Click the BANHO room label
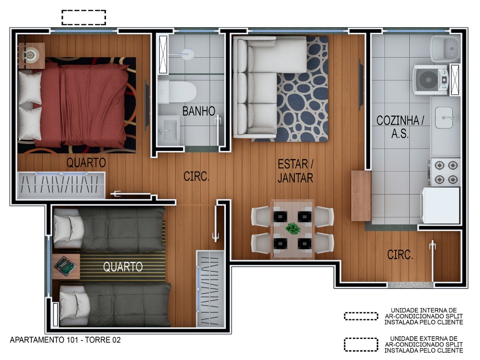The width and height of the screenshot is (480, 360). pos(199,111)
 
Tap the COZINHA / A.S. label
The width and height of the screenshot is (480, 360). pos(400,127)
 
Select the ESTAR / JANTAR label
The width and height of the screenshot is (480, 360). pos(295,171)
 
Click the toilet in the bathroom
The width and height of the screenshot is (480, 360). pos(177,92)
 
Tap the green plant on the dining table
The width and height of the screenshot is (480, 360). pos(292,228)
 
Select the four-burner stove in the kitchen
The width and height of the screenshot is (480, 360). pos(444,172)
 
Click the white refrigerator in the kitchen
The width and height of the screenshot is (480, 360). pos(440,205)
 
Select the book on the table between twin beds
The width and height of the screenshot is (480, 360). pos(65,266)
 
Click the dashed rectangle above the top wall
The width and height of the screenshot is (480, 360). pos(83,17)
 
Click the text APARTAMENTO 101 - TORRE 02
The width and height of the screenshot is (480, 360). pos(65,340)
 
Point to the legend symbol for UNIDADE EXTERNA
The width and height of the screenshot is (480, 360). pos(361,345)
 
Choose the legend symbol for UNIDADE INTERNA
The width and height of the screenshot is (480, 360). pos(361,316)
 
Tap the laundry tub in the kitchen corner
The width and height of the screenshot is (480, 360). pos(446,48)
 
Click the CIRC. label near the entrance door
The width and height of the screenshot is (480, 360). pos(400,255)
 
